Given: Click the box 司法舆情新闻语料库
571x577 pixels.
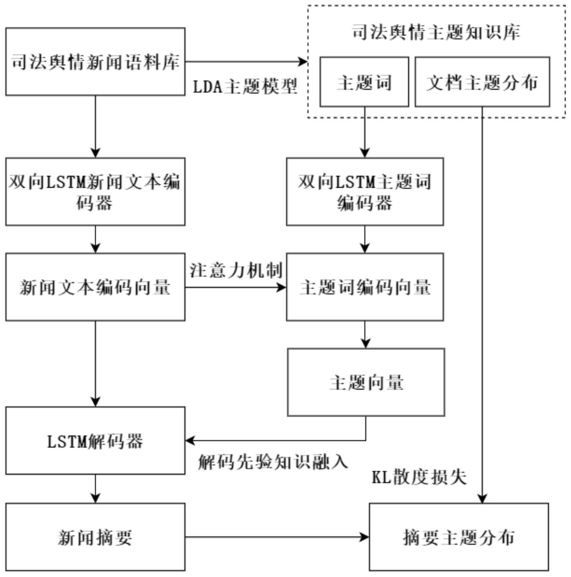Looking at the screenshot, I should (95, 62).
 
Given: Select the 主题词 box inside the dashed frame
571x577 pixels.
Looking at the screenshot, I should (364, 82).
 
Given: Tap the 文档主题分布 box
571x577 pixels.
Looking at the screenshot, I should (482, 82).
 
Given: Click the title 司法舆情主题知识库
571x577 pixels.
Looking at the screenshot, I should (436, 32).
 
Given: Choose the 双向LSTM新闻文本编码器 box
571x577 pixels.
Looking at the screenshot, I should (95, 192).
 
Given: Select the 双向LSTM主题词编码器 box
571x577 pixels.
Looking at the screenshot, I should (364, 192).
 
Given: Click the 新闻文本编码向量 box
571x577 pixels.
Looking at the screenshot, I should (95, 287).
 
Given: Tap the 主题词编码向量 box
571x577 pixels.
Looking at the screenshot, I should (364, 287).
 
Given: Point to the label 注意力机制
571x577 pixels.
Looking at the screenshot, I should (236, 270).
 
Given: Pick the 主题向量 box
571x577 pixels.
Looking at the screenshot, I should (365, 382).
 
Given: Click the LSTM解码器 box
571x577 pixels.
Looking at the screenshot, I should (95, 440).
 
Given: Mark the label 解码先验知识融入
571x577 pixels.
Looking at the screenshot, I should (273, 462).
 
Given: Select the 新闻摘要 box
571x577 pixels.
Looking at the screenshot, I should (95, 537).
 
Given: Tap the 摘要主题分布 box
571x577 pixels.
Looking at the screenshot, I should (458, 537).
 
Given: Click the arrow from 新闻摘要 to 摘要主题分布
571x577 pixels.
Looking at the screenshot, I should (276, 537).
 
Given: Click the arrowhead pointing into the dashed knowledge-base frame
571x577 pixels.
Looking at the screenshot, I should (303, 62).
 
